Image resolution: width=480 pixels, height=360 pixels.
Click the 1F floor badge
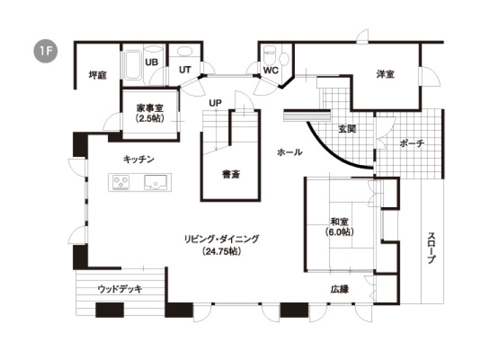(x=45, y=51)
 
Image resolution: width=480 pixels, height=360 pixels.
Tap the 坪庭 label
(x=97, y=75)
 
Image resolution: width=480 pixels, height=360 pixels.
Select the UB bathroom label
(x=151, y=62)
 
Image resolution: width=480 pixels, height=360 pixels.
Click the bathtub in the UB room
(x=133, y=65)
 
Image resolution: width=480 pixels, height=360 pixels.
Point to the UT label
(x=185, y=70)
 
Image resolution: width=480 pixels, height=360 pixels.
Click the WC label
(x=270, y=70)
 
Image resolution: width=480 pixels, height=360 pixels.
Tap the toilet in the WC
(x=270, y=54)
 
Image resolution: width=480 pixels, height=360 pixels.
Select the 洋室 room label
(x=385, y=74)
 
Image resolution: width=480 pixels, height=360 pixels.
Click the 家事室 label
(x=150, y=108)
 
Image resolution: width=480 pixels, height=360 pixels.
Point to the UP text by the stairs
(x=215, y=103)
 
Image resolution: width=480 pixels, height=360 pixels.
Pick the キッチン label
(x=139, y=159)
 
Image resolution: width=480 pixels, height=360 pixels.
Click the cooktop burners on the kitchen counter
(x=121, y=182)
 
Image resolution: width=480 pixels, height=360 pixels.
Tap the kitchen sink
(x=156, y=182)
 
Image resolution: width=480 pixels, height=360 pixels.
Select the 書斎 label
(x=231, y=174)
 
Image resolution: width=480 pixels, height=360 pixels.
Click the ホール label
(x=290, y=152)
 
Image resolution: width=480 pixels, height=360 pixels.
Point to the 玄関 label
(x=347, y=129)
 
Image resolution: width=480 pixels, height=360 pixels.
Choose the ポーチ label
(x=412, y=143)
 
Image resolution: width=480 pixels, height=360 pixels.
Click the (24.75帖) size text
(x=222, y=251)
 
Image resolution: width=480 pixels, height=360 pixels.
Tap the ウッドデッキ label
(x=120, y=289)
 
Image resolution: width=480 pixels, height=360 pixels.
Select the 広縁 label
(x=340, y=289)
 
